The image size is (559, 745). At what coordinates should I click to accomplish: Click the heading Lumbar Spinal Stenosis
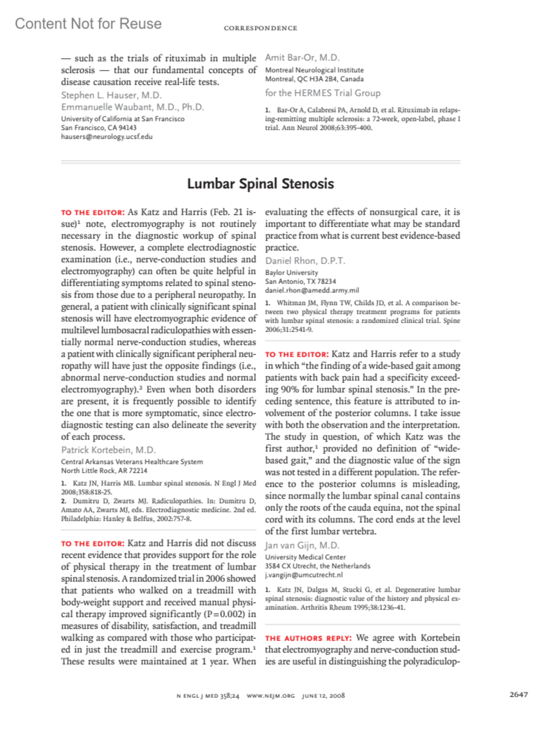260,184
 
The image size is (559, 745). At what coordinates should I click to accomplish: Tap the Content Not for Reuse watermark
88,24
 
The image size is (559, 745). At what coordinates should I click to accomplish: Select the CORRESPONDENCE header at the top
260,28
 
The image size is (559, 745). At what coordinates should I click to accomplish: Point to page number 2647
518,694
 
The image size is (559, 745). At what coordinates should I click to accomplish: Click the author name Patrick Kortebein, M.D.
109,450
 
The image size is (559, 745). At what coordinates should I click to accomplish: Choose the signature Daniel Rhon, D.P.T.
305,261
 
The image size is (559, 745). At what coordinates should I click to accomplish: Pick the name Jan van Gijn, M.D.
302,545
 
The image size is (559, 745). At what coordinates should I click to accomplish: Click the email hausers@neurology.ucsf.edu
107,137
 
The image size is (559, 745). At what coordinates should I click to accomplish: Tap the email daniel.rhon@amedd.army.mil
312,290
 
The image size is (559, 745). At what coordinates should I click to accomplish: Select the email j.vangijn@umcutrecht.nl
304,575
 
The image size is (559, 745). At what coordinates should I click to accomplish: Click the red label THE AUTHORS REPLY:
308,638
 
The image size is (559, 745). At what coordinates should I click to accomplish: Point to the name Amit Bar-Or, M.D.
302,58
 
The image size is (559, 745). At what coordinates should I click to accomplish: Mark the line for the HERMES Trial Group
323,93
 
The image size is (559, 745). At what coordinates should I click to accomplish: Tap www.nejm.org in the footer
271,696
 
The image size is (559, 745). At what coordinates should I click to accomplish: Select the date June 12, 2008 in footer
323,696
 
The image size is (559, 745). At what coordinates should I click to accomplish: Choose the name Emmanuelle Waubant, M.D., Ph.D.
133,107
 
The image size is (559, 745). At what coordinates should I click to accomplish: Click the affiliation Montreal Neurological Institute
314,70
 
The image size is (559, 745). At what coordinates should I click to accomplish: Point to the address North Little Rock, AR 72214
104,471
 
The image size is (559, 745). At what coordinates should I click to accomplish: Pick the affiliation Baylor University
292,272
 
